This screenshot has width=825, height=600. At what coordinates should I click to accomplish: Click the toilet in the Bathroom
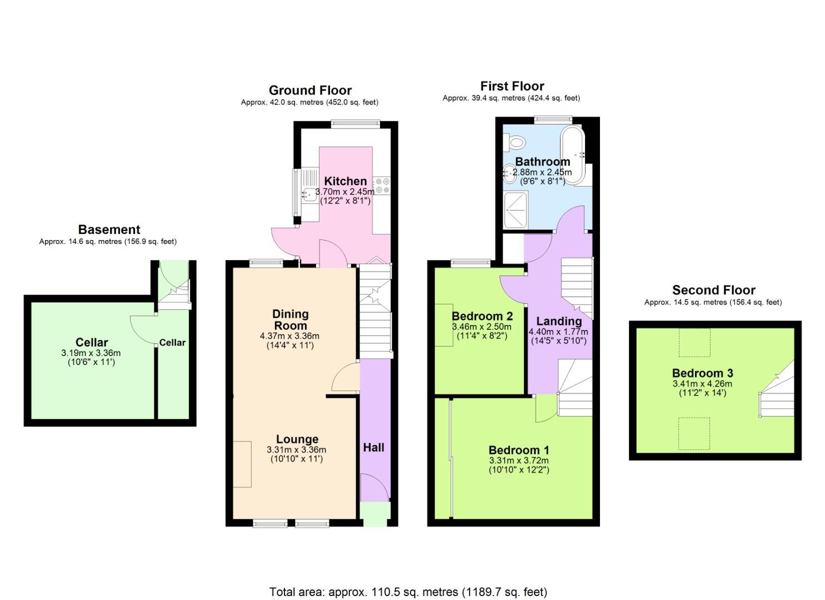[x=516, y=143]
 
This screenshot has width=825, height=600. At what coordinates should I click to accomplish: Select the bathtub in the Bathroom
[x=572, y=155]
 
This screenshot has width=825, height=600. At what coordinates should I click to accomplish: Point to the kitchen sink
[x=308, y=193]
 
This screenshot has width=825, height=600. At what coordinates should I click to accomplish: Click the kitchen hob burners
[x=382, y=186]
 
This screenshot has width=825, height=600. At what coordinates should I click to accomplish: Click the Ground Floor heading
[x=310, y=91]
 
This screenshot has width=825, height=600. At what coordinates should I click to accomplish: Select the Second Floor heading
[x=713, y=290]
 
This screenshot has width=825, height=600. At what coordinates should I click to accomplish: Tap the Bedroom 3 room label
[x=702, y=373]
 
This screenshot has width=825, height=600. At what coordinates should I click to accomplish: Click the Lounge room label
[x=297, y=439]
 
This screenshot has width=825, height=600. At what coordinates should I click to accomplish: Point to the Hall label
[x=373, y=447]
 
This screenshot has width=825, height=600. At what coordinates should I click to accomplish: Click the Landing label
[x=559, y=321]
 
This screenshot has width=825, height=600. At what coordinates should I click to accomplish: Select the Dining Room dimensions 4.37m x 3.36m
[x=289, y=336]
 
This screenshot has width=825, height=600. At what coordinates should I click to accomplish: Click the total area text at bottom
[x=408, y=592]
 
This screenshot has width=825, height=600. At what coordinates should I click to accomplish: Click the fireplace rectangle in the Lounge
[x=242, y=464]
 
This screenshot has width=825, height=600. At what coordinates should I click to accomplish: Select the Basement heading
[x=109, y=229]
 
